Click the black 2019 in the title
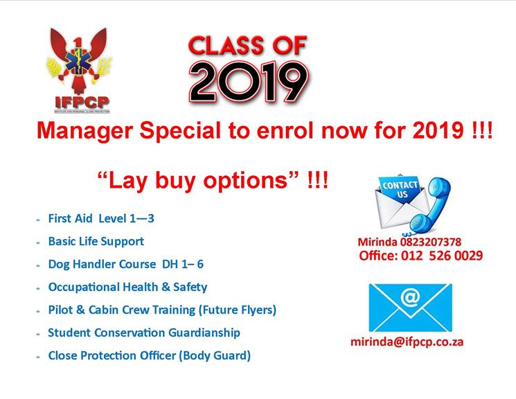tap(249, 81)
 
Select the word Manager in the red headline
tap(85, 131)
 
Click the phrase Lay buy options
tap(199, 181)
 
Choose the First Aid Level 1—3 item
tap(101, 218)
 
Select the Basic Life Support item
tap(96, 241)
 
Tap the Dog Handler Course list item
tap(125, 264)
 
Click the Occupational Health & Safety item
tap(127, 287)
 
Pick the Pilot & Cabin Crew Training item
tap(162, 310)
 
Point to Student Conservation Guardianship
tap(144, 332)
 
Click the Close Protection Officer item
tap(150, 355)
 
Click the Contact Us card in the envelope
tap(400, 189)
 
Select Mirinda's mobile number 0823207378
tap(431, 242)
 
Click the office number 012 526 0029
tap(442, 256)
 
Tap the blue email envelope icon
tap(410, 308)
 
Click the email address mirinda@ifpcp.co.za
tap(407, 342)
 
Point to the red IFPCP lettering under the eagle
tap(82, 103)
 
